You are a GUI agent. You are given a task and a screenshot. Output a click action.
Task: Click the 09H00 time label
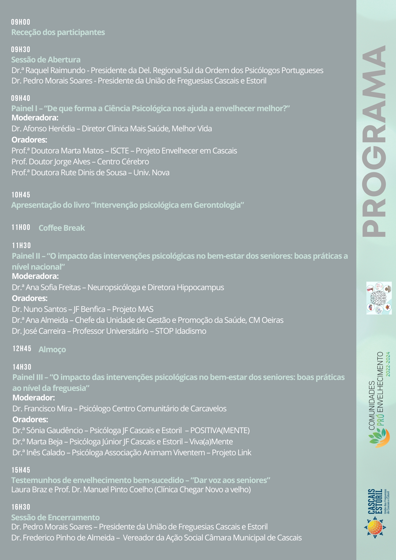click(x=21, y=22)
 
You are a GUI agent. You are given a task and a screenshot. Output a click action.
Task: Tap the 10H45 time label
click(x=21, y=195)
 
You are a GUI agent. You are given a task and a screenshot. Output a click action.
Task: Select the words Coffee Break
click(x=62, y=228)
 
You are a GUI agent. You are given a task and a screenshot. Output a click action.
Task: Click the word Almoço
click(x=52, y=349)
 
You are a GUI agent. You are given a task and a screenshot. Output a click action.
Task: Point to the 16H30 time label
click(x=21, y=507)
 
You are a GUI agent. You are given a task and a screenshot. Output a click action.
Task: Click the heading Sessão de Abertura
click(x=46, y=60)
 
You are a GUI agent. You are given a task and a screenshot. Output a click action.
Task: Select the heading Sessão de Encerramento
click(x=55, y=517)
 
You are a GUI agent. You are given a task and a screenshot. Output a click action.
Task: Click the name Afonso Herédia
click(x=49, y=129)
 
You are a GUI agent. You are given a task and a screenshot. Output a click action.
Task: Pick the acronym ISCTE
click(x=120, y=151)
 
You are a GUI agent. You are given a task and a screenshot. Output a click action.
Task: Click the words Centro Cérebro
click(x=123, y=162)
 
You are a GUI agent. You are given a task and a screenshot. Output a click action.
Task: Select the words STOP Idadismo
click(x=181, y=331)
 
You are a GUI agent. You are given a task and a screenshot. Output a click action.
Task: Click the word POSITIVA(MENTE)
click(x=220, y=430)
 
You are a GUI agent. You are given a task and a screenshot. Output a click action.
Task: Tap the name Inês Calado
click(x=46, y=452)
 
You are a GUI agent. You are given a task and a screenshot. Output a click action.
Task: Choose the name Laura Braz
click(x=29, y=489)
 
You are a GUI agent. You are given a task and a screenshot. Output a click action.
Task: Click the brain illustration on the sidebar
click(x=379, y=298)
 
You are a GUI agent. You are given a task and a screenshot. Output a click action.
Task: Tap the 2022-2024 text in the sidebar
click(x=388, y=364)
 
